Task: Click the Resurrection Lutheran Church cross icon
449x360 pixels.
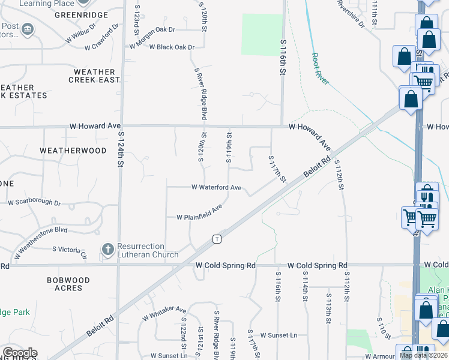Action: click(x=107, y=250)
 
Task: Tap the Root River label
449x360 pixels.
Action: click(x=320, y=68)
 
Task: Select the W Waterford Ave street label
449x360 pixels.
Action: click(x=216, y=188)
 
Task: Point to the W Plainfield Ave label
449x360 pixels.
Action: click(x=199, y=212)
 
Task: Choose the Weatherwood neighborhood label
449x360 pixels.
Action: click(x=73, y=151)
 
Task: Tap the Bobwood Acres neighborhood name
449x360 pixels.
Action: click(x=68, y=284)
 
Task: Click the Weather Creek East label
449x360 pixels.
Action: click(x=94, y=76)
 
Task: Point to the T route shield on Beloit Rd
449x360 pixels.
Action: click(x=217, y=239)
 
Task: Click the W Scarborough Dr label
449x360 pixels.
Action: click(x=34, y=203)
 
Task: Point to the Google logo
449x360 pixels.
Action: click(x=19, y=353)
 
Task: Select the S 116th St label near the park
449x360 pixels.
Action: click(x=282, y=57)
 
